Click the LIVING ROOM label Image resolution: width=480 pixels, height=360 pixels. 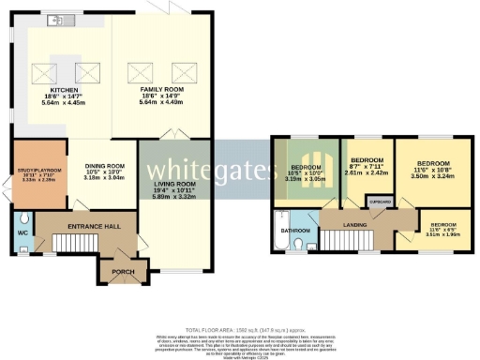pyautogui.click(x=169, y=184)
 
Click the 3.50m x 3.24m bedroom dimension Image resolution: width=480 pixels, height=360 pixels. pyautogui.click(x=432, y=174)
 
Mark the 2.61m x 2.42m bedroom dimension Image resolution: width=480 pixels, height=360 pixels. pyautogui.click(x=366, y=172)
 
